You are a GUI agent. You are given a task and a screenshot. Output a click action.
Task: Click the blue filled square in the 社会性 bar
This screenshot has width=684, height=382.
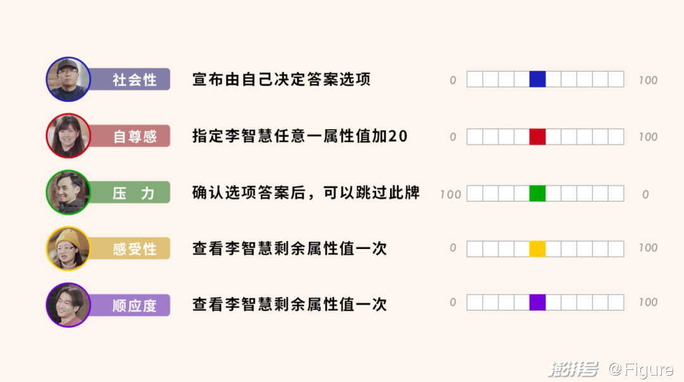pos(538,79)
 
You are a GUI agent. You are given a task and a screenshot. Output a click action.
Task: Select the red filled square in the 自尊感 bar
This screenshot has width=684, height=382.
pos(538,137)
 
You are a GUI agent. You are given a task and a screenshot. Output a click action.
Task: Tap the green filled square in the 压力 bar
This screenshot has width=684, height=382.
pos(538,193)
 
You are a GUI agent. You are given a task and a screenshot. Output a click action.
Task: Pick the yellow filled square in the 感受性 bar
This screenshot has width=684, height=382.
pos(538,248)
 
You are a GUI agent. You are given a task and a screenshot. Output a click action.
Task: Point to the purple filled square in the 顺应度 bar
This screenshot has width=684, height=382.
pos(538,302)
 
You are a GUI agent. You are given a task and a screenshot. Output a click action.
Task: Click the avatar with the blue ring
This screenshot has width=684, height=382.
pos(68,79)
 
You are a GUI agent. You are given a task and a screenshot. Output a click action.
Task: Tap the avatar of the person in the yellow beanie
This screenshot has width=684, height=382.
pos(68,249)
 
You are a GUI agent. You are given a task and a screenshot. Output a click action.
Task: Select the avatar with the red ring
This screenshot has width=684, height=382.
pos(68,136)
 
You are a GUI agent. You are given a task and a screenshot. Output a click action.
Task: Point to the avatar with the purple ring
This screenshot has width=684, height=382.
pos(68,305)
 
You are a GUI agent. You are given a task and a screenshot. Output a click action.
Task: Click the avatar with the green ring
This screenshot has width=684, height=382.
pos(68,193)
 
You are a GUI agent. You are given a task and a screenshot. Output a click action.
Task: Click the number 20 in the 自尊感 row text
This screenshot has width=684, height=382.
pos(397,136)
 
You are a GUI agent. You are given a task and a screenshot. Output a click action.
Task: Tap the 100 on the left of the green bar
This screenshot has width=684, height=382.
pos(451,194)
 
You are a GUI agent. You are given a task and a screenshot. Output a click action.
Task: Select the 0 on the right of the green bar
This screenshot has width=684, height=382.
pos(645,194)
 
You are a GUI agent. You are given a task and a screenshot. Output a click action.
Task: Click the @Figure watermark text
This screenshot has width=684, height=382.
pos(641,369)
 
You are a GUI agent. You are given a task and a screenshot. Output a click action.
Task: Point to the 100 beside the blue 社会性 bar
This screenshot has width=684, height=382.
pos(649,80)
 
